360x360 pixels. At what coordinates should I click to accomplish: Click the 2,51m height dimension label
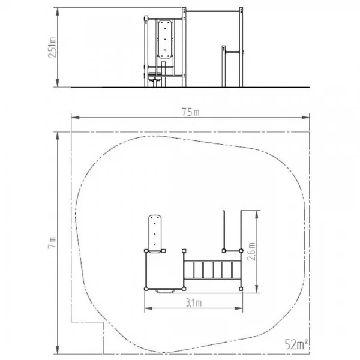pyautogui.click(x=52, y=47)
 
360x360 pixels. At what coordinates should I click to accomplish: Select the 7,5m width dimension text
pyautogui.click(x=191, y=112)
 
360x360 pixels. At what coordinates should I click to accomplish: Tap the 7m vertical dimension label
pyautogui.click(x=52, y=242)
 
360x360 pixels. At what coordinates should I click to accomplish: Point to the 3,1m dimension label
pyautogui.click(x=194, y=303)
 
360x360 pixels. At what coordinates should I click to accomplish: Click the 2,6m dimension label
pyautogui.click(x=251, y=251)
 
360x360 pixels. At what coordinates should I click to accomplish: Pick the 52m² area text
pyautogui.click(x=296, y=344)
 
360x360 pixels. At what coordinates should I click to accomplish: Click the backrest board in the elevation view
pyautogui.click(x=165, y=39)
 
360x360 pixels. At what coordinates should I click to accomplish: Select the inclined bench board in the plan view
pyautogui.click(x=155, y=233)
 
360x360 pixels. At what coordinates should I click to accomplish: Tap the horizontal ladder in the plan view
pyautogui.click(x=213, y=270)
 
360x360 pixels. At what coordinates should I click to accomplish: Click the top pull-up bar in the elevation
pyautogui.click(x=213, y=11)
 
